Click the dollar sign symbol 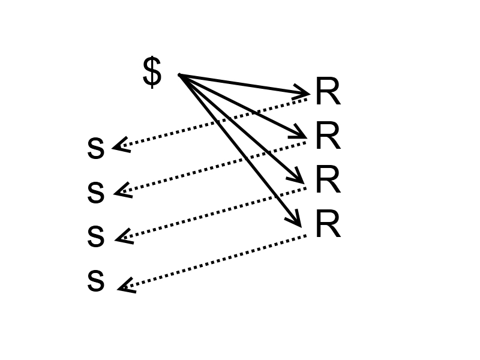coord(152,73)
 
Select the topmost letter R coord(328,91)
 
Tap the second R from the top coord(328,136)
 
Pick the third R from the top coord(328,179)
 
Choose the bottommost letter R coord(328,224)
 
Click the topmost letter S coord(96,148)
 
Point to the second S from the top coord(96,193)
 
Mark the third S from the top coord(96,236)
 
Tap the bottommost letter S coord(96,281)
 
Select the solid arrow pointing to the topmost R coord(244,84)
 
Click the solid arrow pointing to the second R coord(243,106)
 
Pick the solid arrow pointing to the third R coord(241,128)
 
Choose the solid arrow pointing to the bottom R coord(240,151)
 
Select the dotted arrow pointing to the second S coord(210,168)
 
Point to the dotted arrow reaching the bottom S coord(212,262)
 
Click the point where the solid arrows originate coord(179,74)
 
